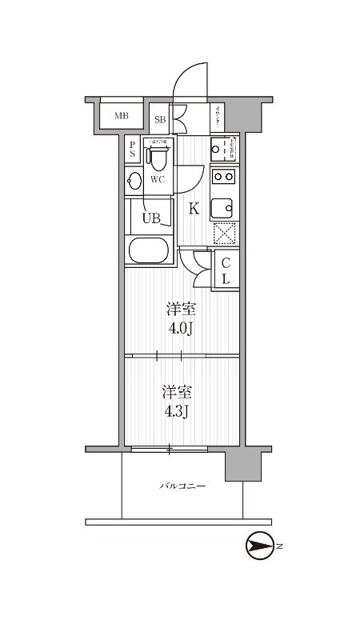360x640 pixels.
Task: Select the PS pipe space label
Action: pyautogui.click(x=133, y=150)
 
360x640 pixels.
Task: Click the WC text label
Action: pyautogui.click(x=158, y=179)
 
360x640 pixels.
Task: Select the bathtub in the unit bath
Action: pyautogui.click(x=150, y=250)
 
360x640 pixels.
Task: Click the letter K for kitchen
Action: pyautogui.click(x=193, y=210)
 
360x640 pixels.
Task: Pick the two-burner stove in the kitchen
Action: pyautogui.click(x=224, y=177)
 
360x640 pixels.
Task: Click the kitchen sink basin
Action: pyautogui.click(x=223, y=206)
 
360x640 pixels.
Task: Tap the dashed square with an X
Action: pyautogui.click(x=224, y=233)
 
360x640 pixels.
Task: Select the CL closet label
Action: pyautogui.click(x=226, y=270)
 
